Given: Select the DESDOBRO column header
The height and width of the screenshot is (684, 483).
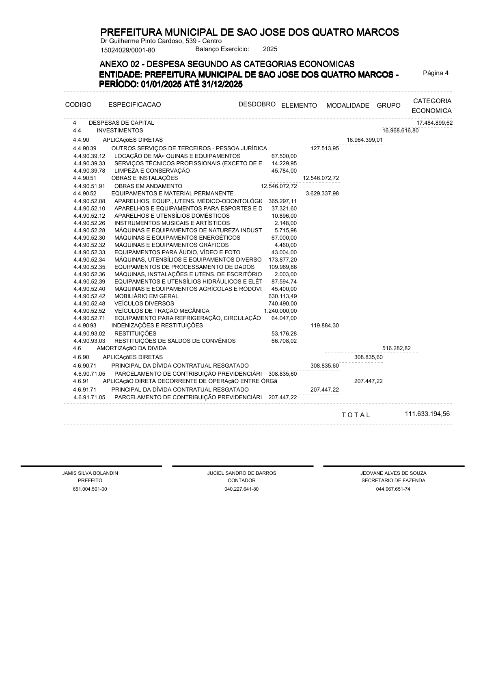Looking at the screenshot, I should click(257, 104).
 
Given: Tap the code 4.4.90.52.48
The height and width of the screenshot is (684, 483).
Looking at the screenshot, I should click(89, 303).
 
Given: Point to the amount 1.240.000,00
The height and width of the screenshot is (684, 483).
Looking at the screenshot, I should click(280, 311).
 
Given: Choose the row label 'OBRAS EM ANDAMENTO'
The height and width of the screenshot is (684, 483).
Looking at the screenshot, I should click(148, 186).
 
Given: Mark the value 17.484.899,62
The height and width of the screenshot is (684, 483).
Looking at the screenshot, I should click(434, 123).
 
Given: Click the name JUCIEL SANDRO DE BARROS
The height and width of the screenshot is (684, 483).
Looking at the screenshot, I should click(241, 473).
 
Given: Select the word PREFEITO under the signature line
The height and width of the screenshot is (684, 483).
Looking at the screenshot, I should click(90, 481).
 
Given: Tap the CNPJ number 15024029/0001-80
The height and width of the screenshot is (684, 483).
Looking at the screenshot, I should click(127, 50).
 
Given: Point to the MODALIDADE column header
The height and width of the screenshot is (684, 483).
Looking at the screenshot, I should click(348, 106).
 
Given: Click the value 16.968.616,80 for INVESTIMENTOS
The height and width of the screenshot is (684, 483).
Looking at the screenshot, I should click(400, 130).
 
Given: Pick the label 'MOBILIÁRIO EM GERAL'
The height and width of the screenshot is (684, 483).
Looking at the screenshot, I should click(146, 296).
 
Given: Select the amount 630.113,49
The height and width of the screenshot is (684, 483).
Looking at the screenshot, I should click(282, 296).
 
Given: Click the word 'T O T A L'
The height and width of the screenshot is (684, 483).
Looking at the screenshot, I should click(356, 415).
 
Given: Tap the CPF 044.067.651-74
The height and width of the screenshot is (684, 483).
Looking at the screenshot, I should click(393, 489).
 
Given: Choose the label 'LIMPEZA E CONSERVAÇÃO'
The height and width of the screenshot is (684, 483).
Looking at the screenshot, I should click(152, 171).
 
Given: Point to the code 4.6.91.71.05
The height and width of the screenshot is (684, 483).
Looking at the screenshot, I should click(89, 397).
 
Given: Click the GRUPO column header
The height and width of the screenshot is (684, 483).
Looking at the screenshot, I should click(388, 106).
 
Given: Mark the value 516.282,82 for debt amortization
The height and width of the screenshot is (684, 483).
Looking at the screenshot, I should click(397, 348).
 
